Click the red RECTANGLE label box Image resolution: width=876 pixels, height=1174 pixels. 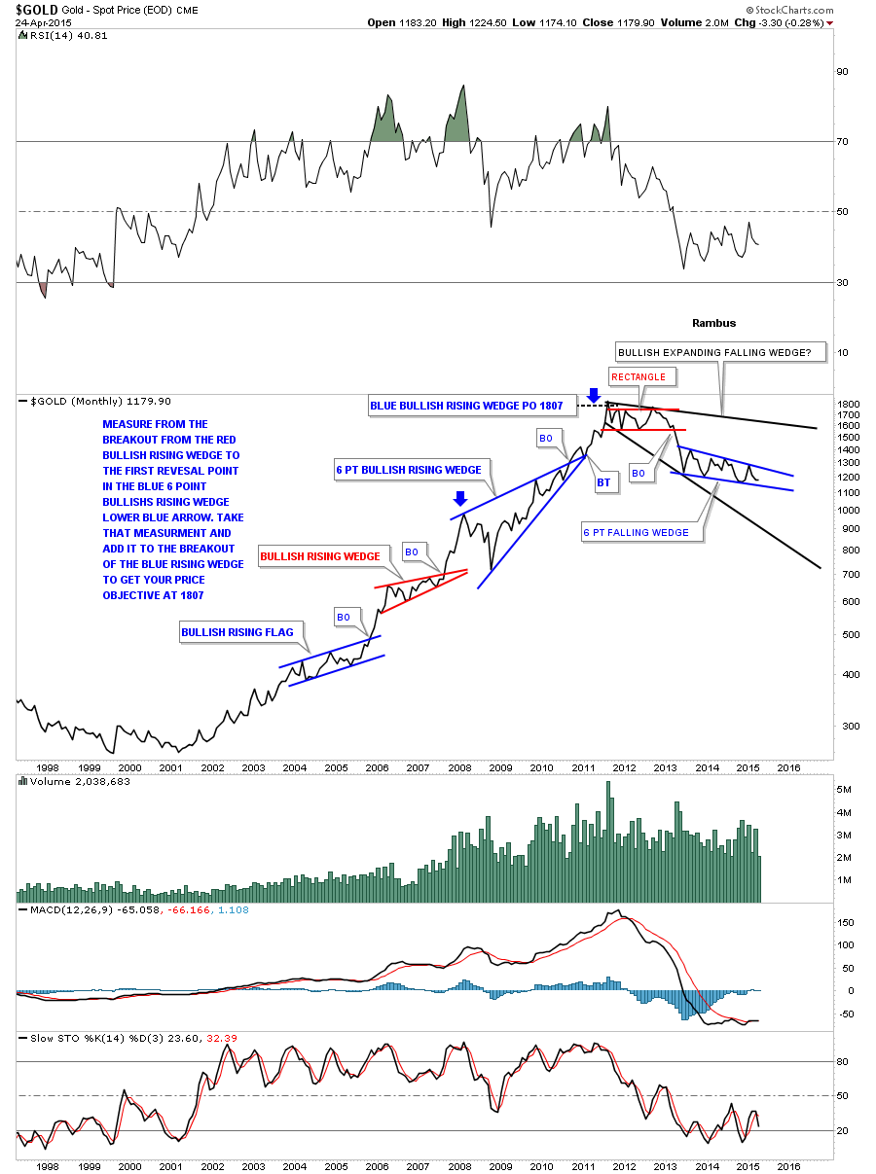(x=639, y=376)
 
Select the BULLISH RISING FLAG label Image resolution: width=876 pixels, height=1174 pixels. (x=237, y=632)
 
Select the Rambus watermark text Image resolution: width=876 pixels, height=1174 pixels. (x=713, y=323)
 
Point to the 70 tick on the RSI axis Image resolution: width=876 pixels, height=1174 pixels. (x=843, y=142)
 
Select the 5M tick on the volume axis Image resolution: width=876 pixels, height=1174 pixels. (x=845, y=789)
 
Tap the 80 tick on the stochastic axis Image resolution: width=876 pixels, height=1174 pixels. (x=843, y=1061)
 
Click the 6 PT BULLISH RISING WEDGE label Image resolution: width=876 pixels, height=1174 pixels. (x=409, y=470)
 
